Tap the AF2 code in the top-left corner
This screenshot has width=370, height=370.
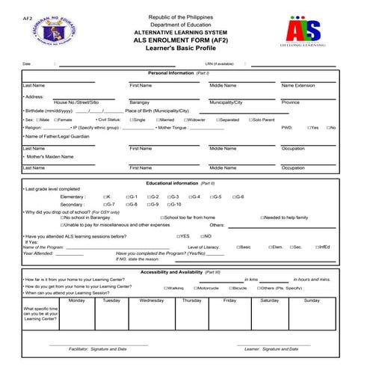point(28,16)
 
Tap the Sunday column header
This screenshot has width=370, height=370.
point(311,300)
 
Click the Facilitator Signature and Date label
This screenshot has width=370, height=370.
point(97,349)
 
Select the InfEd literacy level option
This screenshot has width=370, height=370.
point(319,247)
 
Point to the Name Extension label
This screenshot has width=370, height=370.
point(299,86)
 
